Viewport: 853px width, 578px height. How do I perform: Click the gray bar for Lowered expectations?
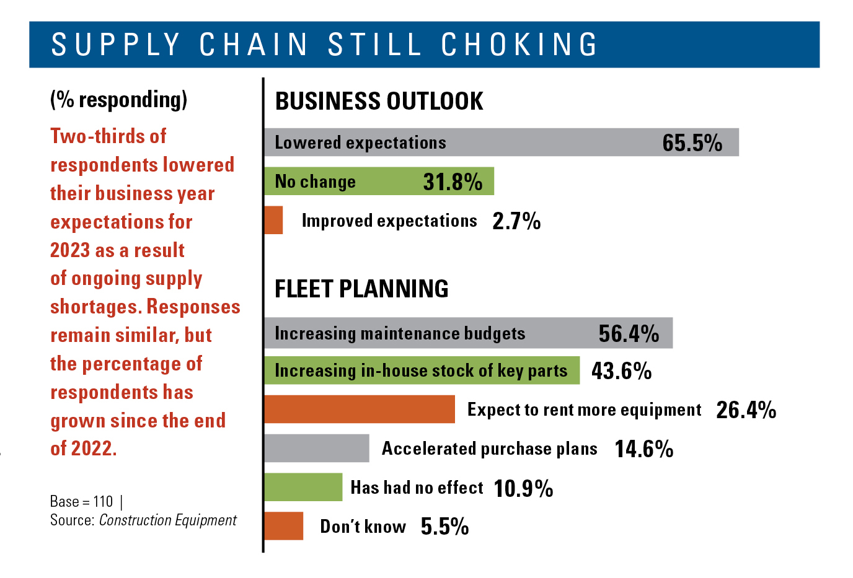(x=501, y=142)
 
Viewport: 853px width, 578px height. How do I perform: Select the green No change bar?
(x=379, y=182)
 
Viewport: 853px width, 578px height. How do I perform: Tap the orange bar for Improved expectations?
(x=273, y=221)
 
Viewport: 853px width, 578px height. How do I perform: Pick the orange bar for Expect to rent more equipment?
(x=360, y=409)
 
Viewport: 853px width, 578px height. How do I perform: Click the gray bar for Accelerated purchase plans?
(x=316, y=449)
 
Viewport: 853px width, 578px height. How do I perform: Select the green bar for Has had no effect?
(x=303, y=488)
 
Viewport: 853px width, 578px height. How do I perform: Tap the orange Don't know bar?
(x=283, y=526)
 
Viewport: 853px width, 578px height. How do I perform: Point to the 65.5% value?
(x=692, y=143)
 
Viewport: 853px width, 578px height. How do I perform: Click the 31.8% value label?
(x=453, y=182)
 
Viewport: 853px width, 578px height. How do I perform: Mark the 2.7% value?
(x=516, y=221)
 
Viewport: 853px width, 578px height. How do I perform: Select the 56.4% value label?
(x=629, y=334)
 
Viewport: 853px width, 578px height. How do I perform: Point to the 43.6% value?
(x=621, y=371)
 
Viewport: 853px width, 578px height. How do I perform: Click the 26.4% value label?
(x=746, y=410)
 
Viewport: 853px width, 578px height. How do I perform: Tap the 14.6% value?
(x=643, y=449)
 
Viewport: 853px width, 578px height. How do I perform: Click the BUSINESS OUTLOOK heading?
(x=379, y=102)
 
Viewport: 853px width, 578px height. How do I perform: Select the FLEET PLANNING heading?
(x=361, y=289)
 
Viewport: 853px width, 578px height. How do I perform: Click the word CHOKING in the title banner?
(x=519, y=45)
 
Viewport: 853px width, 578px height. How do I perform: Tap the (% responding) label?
(x=118, y=100)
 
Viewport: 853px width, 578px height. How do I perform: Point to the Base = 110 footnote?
(x=82, y=501)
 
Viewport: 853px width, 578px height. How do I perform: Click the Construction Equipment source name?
(x=168, y=520)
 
